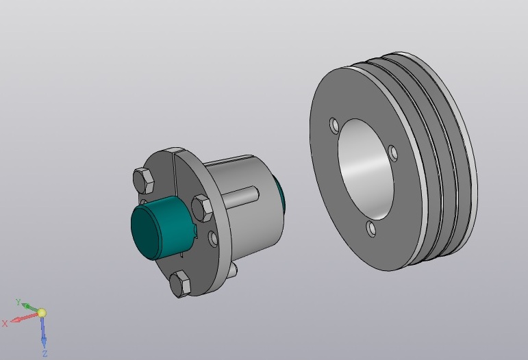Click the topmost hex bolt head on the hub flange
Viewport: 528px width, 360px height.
[144, 180]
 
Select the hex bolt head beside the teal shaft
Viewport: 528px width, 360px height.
[202, 208]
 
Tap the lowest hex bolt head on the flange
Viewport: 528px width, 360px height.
[180, 284]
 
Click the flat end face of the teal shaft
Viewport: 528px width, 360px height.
[144, 233]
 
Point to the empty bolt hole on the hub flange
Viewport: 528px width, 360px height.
[213, 239]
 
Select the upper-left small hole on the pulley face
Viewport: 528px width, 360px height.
[334, 126]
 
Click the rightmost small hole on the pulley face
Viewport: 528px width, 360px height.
[393, 153]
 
